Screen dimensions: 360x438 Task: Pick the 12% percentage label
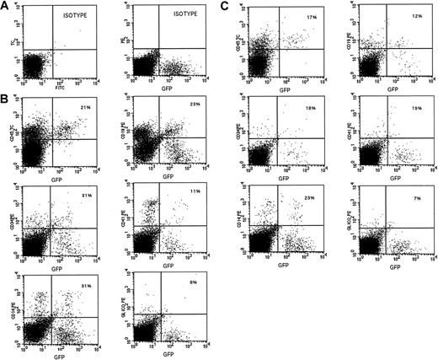click(x=413, y=16)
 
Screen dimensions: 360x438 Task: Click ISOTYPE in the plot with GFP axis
click(x=187, y=15)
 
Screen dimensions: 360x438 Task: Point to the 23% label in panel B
click(x=194, y=110)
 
